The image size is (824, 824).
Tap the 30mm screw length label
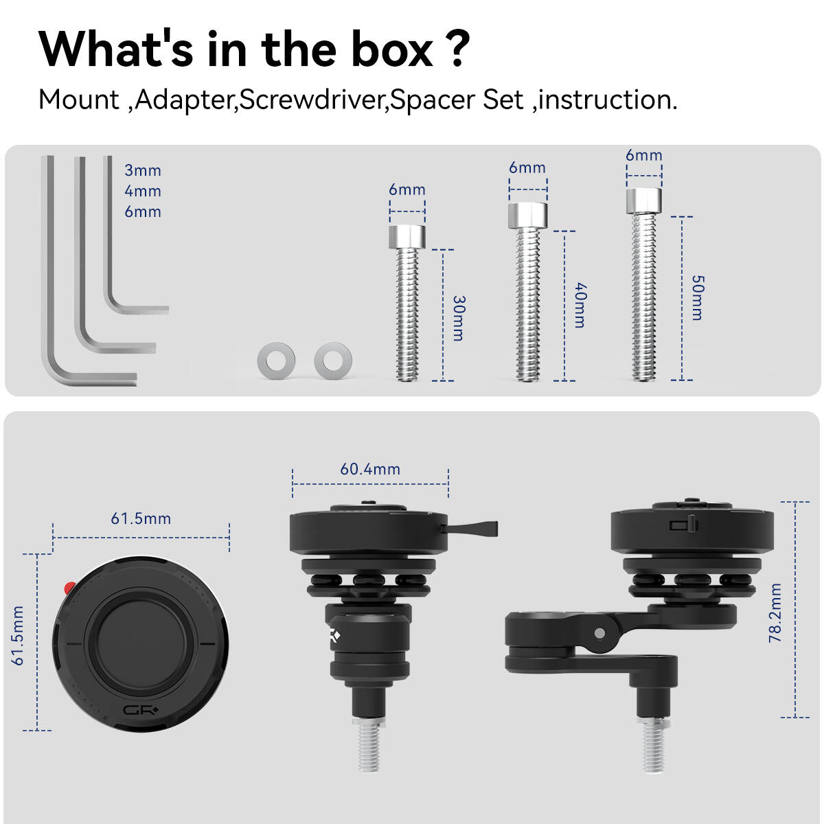coord(459,318)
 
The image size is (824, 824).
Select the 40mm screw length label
coord(580,305)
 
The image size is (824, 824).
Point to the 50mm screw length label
coord(698,298)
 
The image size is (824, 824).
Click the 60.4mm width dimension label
coord(370,469)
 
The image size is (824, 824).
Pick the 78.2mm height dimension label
coord(775,613)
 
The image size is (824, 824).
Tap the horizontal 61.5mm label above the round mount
coord(141,518)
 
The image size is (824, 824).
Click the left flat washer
coord(276,360)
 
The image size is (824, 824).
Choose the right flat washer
coord(333,360)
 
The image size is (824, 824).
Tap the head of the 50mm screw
coord(644,201)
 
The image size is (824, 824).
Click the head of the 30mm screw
coord(407,237)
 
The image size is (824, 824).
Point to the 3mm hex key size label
coord(143,170)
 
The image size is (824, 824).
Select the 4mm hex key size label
coord(143,191)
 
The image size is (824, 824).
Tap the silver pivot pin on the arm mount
coord(600,633)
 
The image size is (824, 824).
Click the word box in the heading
coord(392,49)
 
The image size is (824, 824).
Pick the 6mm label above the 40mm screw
coord(527,168)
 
